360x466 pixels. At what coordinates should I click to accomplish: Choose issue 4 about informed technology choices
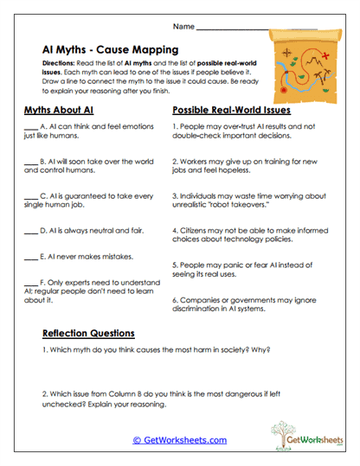[247, 236]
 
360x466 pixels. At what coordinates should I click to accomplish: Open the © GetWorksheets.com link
[179, 440]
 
